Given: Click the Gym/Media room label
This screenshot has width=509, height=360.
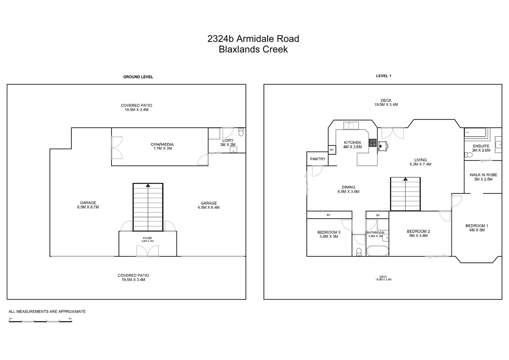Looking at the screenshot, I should pyautogui.click(x=162, y=144).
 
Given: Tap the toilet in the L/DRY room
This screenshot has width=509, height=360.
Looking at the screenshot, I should pyautogui.click(x=241, y=132).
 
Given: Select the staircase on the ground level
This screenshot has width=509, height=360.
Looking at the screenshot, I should pyautogui.click(x=148, y=207).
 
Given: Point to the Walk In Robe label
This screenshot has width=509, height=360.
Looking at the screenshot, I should pyautogui.click(x=483, y=175).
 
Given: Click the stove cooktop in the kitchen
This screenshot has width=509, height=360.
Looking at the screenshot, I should pyautogui.click(x=372, y=143).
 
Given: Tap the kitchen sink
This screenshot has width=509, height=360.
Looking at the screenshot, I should pyautogui.click(x=351, y=125).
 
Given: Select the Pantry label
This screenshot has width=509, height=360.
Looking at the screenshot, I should pyautogui.click(x=317, y=159).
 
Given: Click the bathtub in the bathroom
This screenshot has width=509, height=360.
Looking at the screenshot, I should pyautogui.click(x=377, y=251).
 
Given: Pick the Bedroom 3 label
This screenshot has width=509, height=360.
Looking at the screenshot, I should pyautogui.click(x=329, y=232).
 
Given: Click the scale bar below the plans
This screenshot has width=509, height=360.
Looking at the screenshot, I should pyautogui.click(x=40, y=321).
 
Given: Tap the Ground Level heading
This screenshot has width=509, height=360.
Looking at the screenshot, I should pyautogui.click(x=138, y=77).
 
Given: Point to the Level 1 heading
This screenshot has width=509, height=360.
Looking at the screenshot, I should pyautogui.click(x=383, y=76).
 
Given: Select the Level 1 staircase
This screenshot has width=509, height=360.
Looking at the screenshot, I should pyautogui.click(x=405, y=194).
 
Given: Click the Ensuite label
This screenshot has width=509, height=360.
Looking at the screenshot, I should pyautogui.click(x=481, y=146).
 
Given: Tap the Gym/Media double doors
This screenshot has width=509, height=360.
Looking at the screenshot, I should pyautogui.click(x=117, y=148).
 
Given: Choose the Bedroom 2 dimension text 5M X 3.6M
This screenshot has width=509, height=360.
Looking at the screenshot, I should pyautogui.click(x=418, y=236).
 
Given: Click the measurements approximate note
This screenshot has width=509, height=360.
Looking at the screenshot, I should pyautogui.click(x=47, y=312).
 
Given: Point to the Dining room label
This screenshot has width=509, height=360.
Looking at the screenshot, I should pyautogui.click(x=348, y=187).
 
